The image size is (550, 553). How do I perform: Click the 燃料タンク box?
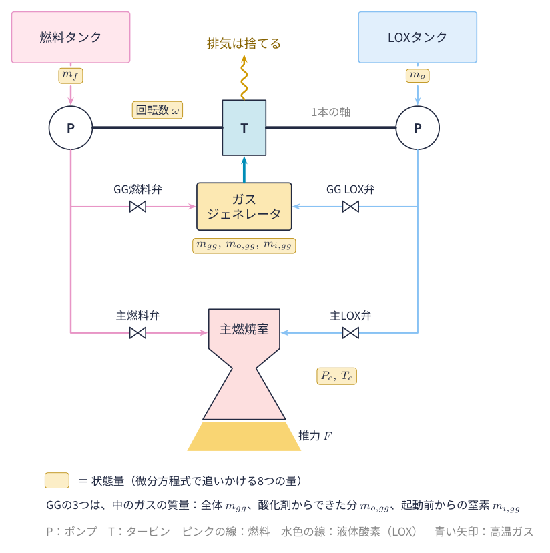pyautogui.click(x=71, y=37)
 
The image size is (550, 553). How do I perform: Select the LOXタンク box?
pyautogui.click(x=417, y=37)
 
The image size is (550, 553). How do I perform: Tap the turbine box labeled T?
pyautogui.click(x=244, y=127)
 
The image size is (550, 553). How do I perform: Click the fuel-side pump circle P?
pyautogui.click(x=71, y=127)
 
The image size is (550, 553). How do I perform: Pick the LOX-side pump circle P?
pyautogui.click(x=417, y=127)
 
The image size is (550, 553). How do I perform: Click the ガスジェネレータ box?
pyautogui.click(x=244, y=207)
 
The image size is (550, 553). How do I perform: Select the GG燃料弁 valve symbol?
pyautogui.click(x=137, y=207)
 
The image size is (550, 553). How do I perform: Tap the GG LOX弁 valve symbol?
pyautogui.click(x=350, y=207)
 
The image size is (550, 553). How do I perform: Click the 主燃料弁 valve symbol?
pyautogui.click(x=137, y=333)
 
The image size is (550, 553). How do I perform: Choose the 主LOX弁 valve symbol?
pyautogui.click(x=350, y=333)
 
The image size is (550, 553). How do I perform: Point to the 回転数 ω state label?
pyautogui.click(x=158, y=110)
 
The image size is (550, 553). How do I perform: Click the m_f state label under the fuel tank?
pyautogui.click(x=71, y=75)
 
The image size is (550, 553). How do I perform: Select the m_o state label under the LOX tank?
pyautogui.click(x=417, y=75)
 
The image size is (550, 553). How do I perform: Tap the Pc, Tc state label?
pyautogui.click(x=336, y=376)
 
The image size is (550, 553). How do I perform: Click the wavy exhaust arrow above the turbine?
pyautogui.click(x=244, y=77)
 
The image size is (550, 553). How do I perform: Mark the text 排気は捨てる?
pyautogui.click(x=244, y=43)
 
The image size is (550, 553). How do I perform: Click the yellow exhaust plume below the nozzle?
pyautogui.click(x=244, y=436)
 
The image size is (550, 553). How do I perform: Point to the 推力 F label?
pyautogui.click(x=315, y=436)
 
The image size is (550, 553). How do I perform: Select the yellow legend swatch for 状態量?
pyautogui.click(x=57, y=480)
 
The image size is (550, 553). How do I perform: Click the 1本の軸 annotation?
pyautogui.click(x=330, y=112)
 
